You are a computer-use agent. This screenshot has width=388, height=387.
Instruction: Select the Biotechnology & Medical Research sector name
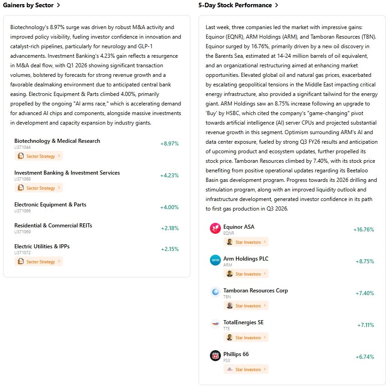pos(57,141)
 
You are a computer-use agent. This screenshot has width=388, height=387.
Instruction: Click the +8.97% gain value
pos(169,144)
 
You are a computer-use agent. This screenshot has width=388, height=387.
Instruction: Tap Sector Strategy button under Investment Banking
pos(38,188)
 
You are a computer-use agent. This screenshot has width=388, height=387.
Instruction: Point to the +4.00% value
pos(169,207)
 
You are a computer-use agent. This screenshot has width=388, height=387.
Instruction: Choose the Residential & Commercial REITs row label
pos(53,226)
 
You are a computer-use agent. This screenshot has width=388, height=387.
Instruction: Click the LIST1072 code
pos(22,252)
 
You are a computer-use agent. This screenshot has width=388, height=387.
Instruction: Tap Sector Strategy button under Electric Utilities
pos(38,261)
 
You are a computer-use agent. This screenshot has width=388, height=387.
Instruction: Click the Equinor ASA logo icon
pos(215,228)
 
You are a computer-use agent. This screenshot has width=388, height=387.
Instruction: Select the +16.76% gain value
pos(363,230)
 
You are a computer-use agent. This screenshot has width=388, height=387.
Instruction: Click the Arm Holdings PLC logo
pos(215,260)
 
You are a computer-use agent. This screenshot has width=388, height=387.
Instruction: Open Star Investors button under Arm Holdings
pos(246,274)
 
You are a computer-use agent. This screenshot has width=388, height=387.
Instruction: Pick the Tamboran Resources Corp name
pos(255,291)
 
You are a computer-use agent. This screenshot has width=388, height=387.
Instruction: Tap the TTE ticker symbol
pos(226,328)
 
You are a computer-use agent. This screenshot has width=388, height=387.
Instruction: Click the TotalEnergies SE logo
pos(215,324)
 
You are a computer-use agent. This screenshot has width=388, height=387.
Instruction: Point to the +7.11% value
pos(365,325)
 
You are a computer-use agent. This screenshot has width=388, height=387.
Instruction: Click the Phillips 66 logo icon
pos(215,356)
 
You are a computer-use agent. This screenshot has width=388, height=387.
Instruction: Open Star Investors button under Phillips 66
pos(246,369)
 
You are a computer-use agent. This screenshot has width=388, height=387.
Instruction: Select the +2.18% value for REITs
pos(169,228)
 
